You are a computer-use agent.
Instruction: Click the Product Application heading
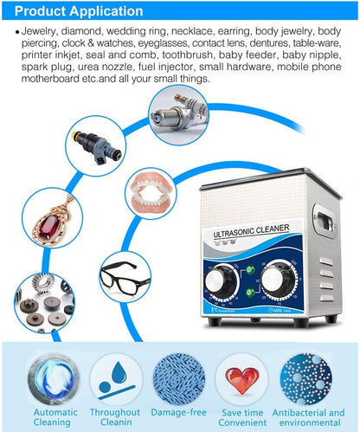pos(76,11)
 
